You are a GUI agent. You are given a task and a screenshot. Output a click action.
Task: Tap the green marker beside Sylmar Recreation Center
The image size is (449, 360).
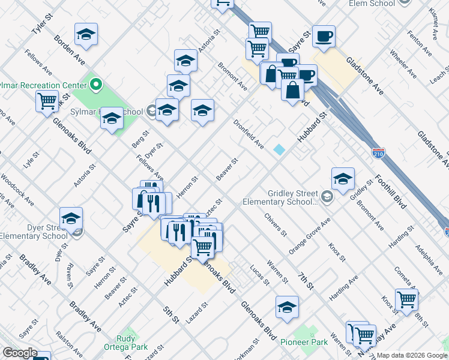tap(95, 85)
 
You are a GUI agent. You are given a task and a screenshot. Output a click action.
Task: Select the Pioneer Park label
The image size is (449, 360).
tap(304, 342)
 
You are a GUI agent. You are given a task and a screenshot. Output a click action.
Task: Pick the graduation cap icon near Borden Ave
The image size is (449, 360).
tap(86, 35)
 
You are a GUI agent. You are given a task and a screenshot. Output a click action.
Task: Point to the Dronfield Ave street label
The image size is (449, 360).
tap(249, 134)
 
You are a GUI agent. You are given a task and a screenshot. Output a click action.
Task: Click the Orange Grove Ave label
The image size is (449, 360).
tap(309, 236)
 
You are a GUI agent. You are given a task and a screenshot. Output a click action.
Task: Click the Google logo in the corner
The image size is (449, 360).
tap(20, 353)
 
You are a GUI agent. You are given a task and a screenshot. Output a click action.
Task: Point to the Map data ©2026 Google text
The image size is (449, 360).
tap(411, 355)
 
